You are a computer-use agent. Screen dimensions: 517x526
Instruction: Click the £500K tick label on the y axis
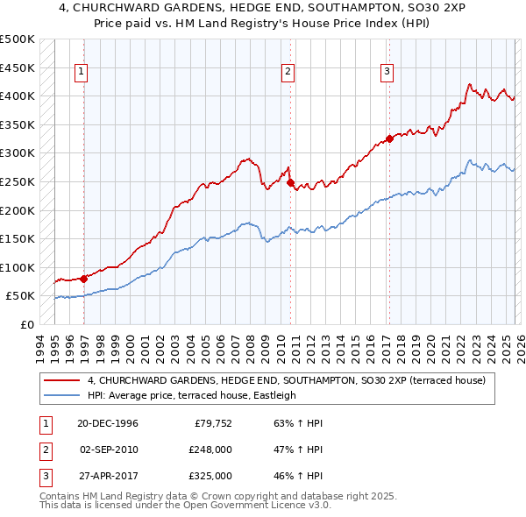click(18, 39)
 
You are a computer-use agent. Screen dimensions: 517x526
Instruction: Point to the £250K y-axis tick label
click(18, 181)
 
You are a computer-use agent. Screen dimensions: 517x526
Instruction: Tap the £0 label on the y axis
click(27, 324)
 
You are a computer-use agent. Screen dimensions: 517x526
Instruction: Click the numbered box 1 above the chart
click(81, 73)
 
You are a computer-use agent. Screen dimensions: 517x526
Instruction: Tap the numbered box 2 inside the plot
click(287, 73)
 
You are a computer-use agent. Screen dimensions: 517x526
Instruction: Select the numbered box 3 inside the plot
click(386, 73)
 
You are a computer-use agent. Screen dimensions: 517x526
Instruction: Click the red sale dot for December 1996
click(84, 279)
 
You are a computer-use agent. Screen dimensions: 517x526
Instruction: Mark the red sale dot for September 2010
click(290, 183)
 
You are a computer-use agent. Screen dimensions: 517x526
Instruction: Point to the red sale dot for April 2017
click(389, 139)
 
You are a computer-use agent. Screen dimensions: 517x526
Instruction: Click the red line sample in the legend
click(62, 380)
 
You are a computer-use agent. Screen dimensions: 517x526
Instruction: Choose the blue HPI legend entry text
click(192, 395)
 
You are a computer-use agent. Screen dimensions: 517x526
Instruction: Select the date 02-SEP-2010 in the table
click(108, 450)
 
